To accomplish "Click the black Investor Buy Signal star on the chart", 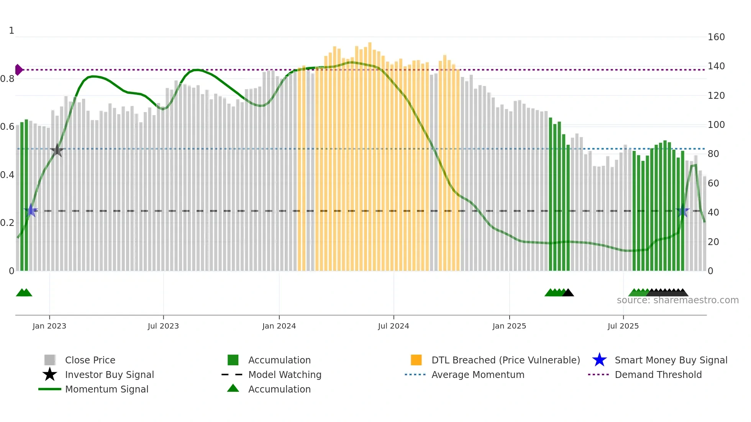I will click(x=57, y=150).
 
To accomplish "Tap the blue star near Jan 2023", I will click(x=31, y=211).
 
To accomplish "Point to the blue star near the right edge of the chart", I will click(x=682, y=211).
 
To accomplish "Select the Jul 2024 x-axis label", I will click(x=394, y=326).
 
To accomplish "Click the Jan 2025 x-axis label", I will click(x=509, y=326).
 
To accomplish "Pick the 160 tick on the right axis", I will click(x=716, y=37).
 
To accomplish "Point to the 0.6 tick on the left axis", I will click(x=7, y=127).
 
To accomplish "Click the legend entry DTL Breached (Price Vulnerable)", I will click(x=505, y=360).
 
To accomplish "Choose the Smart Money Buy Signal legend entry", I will click(x=671, y=360).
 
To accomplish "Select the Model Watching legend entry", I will click(x=284, y=375).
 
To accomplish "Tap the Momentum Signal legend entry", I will click(x=107, y=389).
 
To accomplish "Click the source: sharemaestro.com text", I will click(x=677, y=300).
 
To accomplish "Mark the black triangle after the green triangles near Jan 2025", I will click(x=568, y=293).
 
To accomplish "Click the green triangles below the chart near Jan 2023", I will click(x=24, y=293).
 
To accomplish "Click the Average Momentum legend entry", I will click(x=477, y=375).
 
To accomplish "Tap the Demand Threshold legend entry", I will click(x=658, y=375).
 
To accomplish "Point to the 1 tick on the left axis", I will click(x=11, y=31).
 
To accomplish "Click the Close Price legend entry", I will click(x=90, y=360).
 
